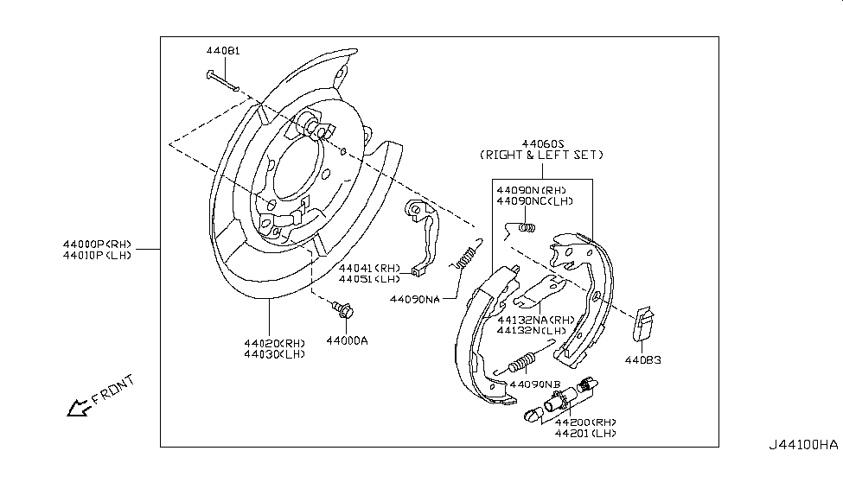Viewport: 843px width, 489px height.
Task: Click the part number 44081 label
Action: tap(223, 51)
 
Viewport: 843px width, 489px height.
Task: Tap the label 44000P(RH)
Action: tap(97, 244)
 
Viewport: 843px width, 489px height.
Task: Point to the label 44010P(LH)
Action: tap(97, 256)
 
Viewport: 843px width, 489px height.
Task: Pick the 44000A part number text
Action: tap(347, 340)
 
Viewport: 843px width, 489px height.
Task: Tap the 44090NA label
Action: tap(414, 299)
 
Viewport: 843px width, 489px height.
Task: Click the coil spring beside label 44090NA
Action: tap(468, 256)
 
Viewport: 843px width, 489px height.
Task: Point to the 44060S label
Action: tap(543, 143)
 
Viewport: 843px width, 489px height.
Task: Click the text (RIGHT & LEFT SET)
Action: tap(542, 155)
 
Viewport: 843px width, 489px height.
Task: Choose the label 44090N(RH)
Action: tap(531, 189)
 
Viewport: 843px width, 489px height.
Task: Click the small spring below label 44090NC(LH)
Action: tap(520, 228)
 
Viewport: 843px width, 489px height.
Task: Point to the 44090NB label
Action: tap(536, 384)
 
